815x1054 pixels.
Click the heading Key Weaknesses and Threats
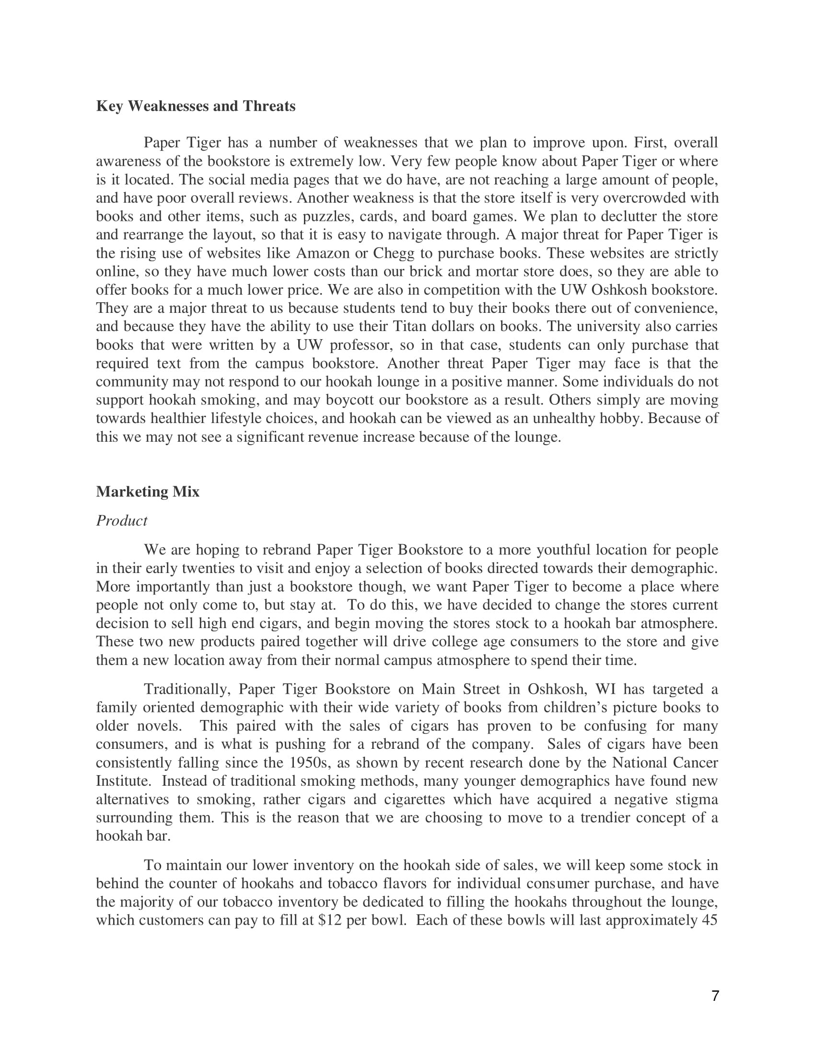click(x=196, y=106)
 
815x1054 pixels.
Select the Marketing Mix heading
click(x=148, y=492)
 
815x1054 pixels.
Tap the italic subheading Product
click(x=122, y=521)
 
